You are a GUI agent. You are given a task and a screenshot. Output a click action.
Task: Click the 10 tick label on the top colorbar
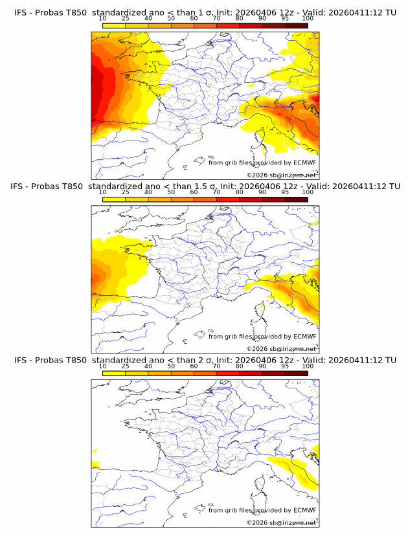102,18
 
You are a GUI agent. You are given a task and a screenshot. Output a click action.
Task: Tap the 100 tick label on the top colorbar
308,18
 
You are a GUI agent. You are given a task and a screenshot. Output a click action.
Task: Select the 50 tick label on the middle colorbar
171,192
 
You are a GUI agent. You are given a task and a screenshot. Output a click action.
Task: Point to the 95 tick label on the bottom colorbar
285,366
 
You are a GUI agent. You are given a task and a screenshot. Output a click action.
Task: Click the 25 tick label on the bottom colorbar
125,366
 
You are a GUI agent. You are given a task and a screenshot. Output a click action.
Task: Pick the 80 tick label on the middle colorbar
240,192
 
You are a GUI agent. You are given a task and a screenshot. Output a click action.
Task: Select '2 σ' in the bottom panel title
201,360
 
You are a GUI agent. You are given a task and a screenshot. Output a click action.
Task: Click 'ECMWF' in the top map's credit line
305,162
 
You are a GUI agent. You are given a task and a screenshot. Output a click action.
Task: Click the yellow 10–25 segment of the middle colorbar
114,199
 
